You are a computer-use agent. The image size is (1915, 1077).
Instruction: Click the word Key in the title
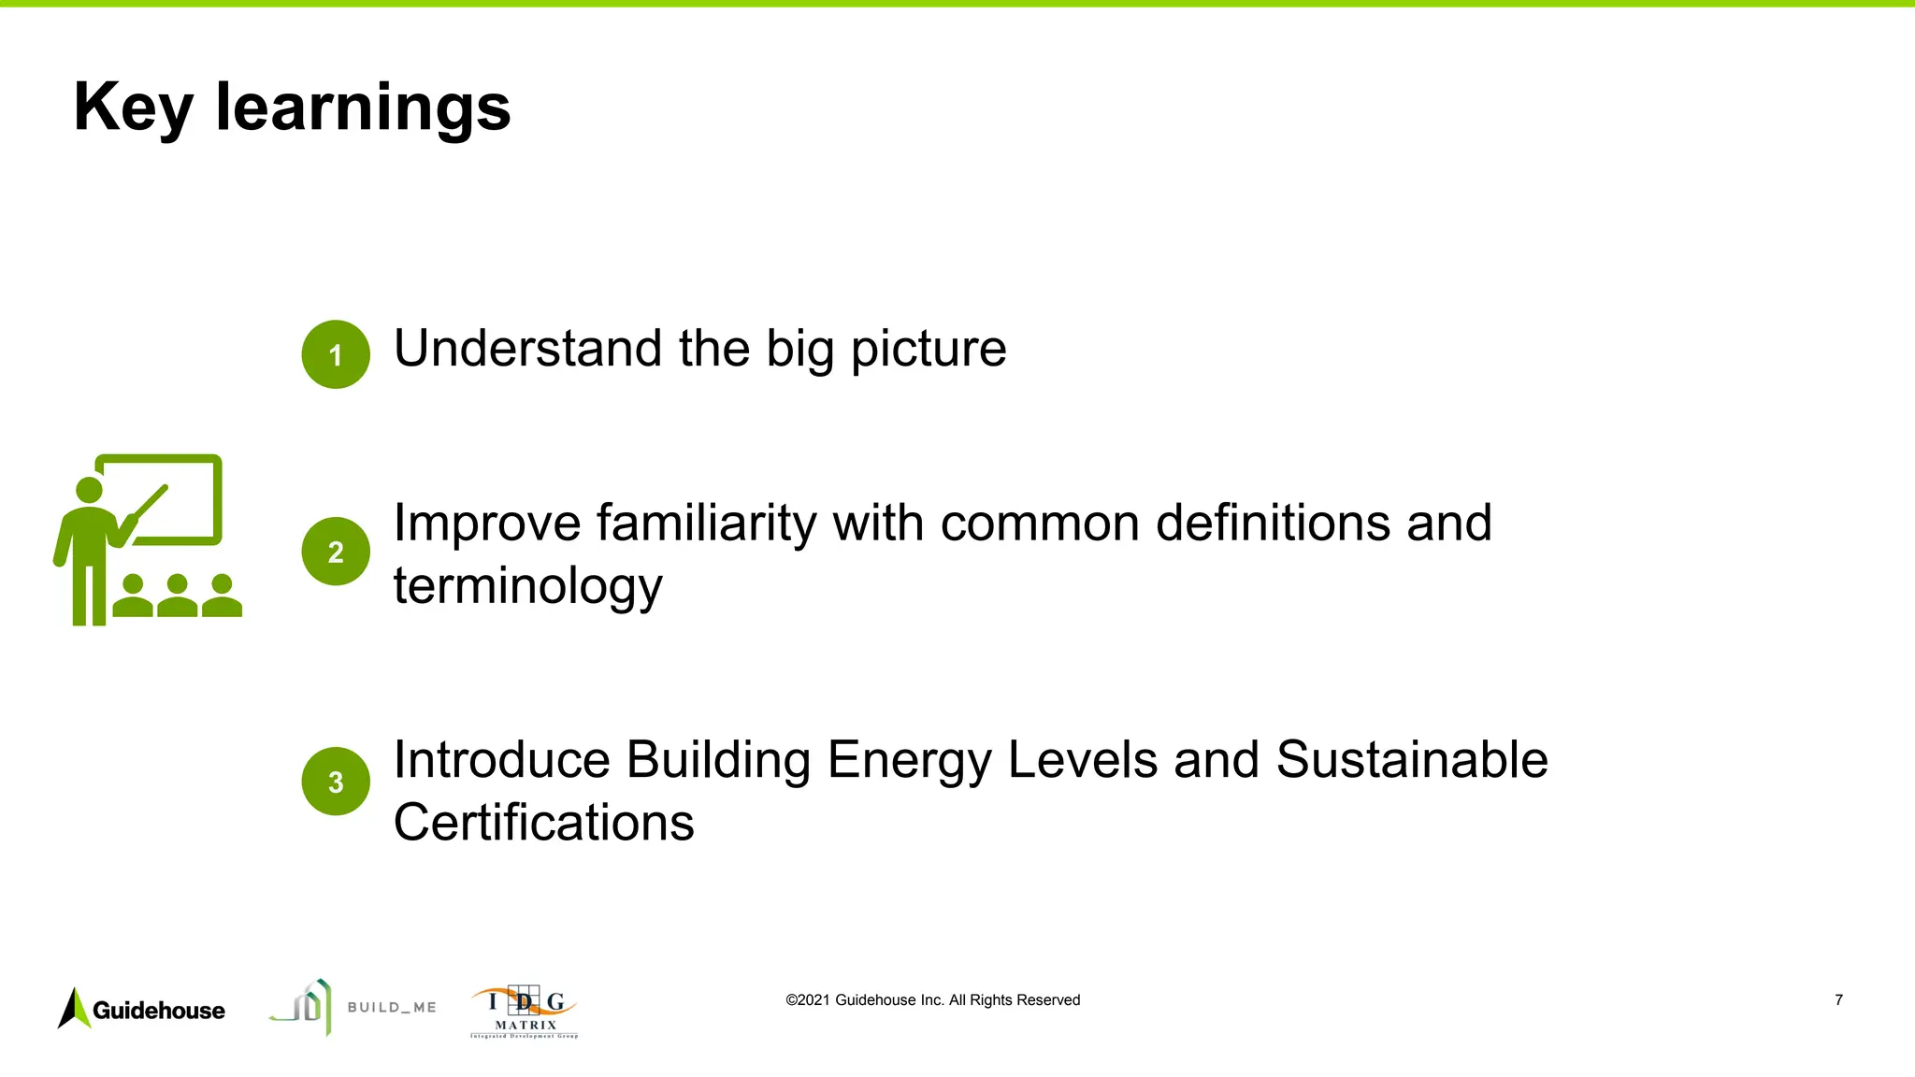[133, 108]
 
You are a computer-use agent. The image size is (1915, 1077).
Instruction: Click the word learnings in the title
[363, 108]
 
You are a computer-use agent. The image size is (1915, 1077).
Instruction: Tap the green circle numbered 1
[336, 354]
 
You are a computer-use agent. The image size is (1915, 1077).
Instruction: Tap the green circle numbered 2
[336, 552]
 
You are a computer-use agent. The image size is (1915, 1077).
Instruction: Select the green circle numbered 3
[336, 782]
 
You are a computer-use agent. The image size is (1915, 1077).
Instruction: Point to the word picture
[928, 351]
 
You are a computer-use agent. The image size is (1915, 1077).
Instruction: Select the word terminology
[528, 587]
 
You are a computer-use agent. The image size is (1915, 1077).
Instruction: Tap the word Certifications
[543, 823]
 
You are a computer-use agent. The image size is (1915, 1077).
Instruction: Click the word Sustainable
[1411, 759]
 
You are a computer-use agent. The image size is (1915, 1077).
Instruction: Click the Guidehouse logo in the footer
[141, 1009]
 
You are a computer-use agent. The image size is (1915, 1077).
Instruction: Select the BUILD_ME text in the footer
[392, 1007]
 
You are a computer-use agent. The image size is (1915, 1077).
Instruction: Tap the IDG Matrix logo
[524, 1012]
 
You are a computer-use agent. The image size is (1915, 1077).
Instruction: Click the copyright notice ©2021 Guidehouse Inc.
[932, 1000]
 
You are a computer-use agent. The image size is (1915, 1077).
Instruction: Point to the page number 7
[1838, 1000]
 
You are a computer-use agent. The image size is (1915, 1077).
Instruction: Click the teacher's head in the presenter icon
[89, 490]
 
